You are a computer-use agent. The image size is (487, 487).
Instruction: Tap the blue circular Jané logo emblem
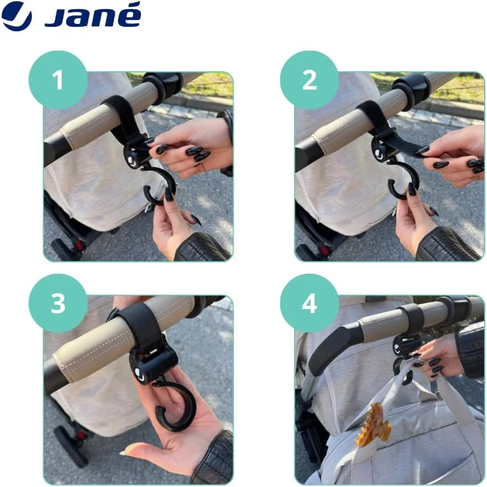point(16,16)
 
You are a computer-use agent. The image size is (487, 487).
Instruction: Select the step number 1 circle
point(58,80)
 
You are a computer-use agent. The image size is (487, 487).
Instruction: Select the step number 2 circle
point(309,80)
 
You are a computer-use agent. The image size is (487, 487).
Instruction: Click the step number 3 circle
point(58,303)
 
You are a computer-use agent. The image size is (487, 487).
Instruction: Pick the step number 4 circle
point(309,303)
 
